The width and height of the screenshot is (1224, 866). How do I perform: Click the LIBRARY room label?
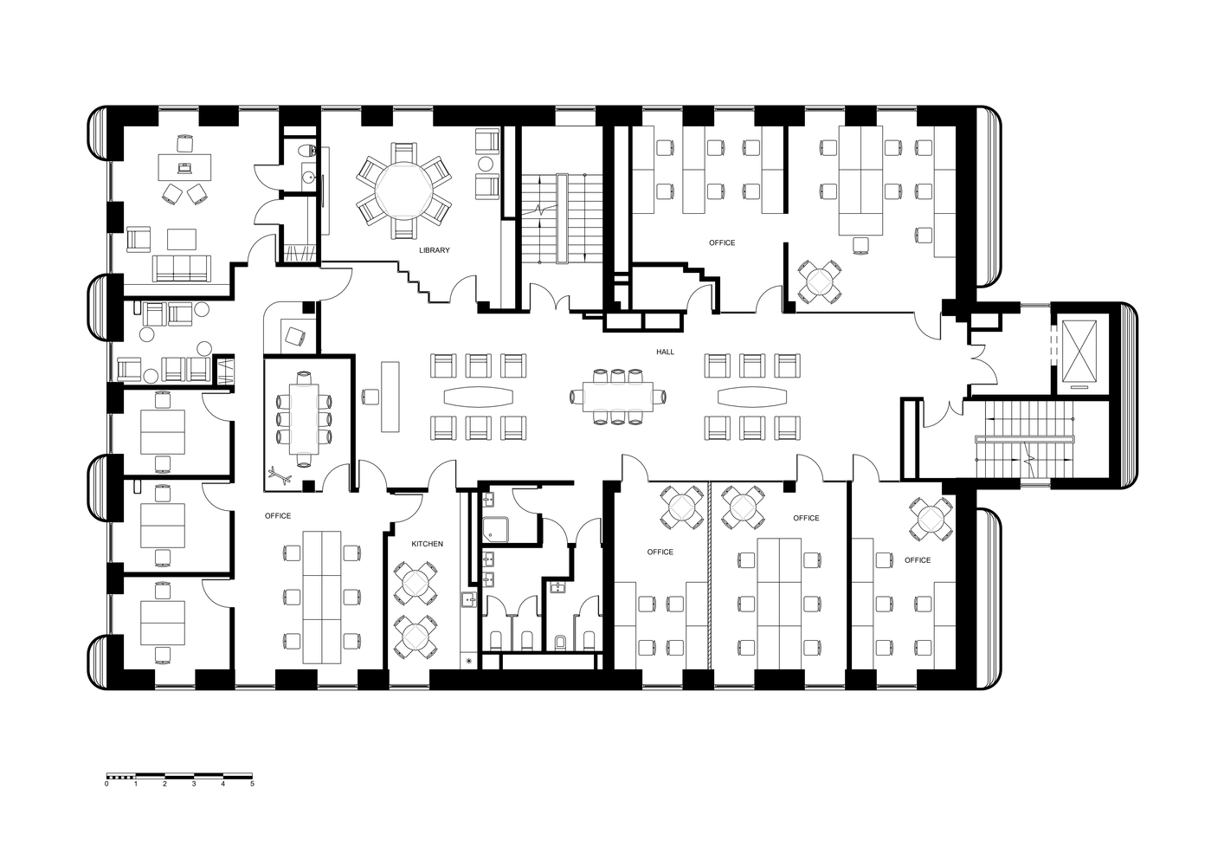434,250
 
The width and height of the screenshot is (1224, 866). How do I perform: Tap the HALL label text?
665,352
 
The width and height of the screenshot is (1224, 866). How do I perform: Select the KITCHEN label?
427,544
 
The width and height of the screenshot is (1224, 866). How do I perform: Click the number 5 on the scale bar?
252,784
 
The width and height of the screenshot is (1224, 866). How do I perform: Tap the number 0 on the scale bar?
106,784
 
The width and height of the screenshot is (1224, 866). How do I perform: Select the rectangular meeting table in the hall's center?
618,397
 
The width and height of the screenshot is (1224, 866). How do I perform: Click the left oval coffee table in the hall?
479,397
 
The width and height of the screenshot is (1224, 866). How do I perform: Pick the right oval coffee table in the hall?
753,397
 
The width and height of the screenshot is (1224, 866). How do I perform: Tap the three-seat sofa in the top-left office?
181,268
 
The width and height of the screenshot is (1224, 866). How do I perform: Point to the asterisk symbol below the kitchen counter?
469,661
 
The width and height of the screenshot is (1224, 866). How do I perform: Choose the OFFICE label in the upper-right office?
721,242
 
